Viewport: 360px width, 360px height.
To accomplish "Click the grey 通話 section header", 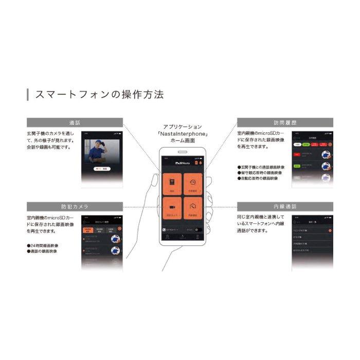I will coord(75,123).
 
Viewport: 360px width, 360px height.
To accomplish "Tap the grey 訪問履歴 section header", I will coord(284,123).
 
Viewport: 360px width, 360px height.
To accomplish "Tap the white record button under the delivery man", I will coord(102,168).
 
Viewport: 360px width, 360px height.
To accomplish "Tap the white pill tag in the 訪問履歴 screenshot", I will coord(298,145).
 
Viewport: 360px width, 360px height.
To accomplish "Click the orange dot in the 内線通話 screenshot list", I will coord(330,230).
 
